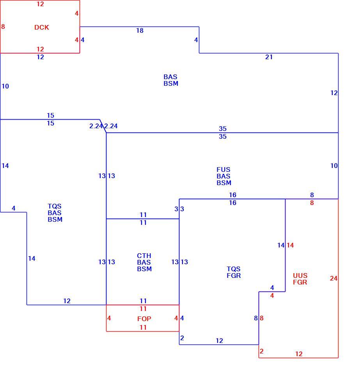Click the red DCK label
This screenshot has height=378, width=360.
coord(41,27)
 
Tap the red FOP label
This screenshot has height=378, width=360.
coord(144,319)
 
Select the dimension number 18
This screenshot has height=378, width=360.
coord(140,31)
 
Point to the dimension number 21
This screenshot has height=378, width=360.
coord(269,57)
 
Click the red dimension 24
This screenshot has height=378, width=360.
coord(333,279)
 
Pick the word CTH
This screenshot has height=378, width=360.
coord(144,256)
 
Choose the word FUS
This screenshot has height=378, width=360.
coord(223,170)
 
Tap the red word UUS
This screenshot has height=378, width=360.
coord(300,275)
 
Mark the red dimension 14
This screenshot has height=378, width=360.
coord(290,245)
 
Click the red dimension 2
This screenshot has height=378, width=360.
coord(262,351)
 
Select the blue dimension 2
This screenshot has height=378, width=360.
coord(182,338)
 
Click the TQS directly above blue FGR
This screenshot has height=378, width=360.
coord(234,269)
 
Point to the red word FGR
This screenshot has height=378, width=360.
coord(300,282)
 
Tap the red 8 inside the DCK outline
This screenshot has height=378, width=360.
coord(3,26)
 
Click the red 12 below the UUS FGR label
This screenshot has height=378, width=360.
coord(299,354)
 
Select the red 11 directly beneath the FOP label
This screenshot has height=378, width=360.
coord(143,327)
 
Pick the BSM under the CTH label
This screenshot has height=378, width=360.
coord(144,269)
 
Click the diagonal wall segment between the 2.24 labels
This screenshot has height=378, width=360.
coord(103,126)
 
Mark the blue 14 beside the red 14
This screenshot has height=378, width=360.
coord(281,245)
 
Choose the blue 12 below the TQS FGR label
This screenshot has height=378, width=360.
coord(219,341)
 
